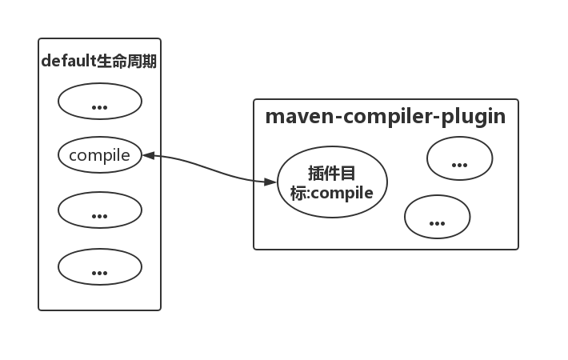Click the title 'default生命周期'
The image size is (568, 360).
click(99, 62)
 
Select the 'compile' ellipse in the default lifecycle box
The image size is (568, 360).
click(100, 155)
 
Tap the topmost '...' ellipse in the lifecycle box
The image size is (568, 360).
click(100, 102)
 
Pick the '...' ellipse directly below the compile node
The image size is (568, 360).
click(100, 210)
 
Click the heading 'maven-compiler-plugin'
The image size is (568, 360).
click(385, 117)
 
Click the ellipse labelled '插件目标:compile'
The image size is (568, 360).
click(332, 183)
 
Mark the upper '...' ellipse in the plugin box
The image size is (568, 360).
click(459, 158)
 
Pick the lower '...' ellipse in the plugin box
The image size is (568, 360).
click(437, 217)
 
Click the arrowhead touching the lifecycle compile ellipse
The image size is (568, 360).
click(147, 155)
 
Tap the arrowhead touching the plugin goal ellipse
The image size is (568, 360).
click(271, 182)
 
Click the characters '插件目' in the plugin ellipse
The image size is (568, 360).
click(332, 174)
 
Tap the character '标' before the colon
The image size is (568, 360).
click(298, 193)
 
